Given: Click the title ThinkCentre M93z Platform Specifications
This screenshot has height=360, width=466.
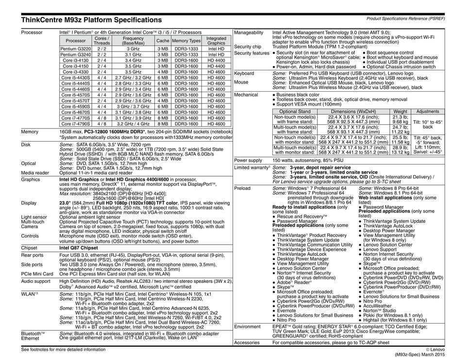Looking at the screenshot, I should coord(91,20).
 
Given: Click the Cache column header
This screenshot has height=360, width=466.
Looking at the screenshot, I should coord(163,41).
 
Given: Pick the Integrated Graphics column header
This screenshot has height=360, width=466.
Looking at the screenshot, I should coord(216,41).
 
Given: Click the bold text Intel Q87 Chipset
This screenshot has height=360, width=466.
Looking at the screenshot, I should coord(78,247).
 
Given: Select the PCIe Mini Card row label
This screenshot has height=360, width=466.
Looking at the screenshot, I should coord(37,274).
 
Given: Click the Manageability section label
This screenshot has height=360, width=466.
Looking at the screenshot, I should coord(249,32).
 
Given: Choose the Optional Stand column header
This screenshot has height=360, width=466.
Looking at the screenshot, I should coord(295,111).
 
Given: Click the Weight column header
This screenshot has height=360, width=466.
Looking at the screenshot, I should coord(400,111).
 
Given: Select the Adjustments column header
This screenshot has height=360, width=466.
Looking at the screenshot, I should coord(428,111).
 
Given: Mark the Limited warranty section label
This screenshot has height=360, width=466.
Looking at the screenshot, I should coord(251,167).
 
